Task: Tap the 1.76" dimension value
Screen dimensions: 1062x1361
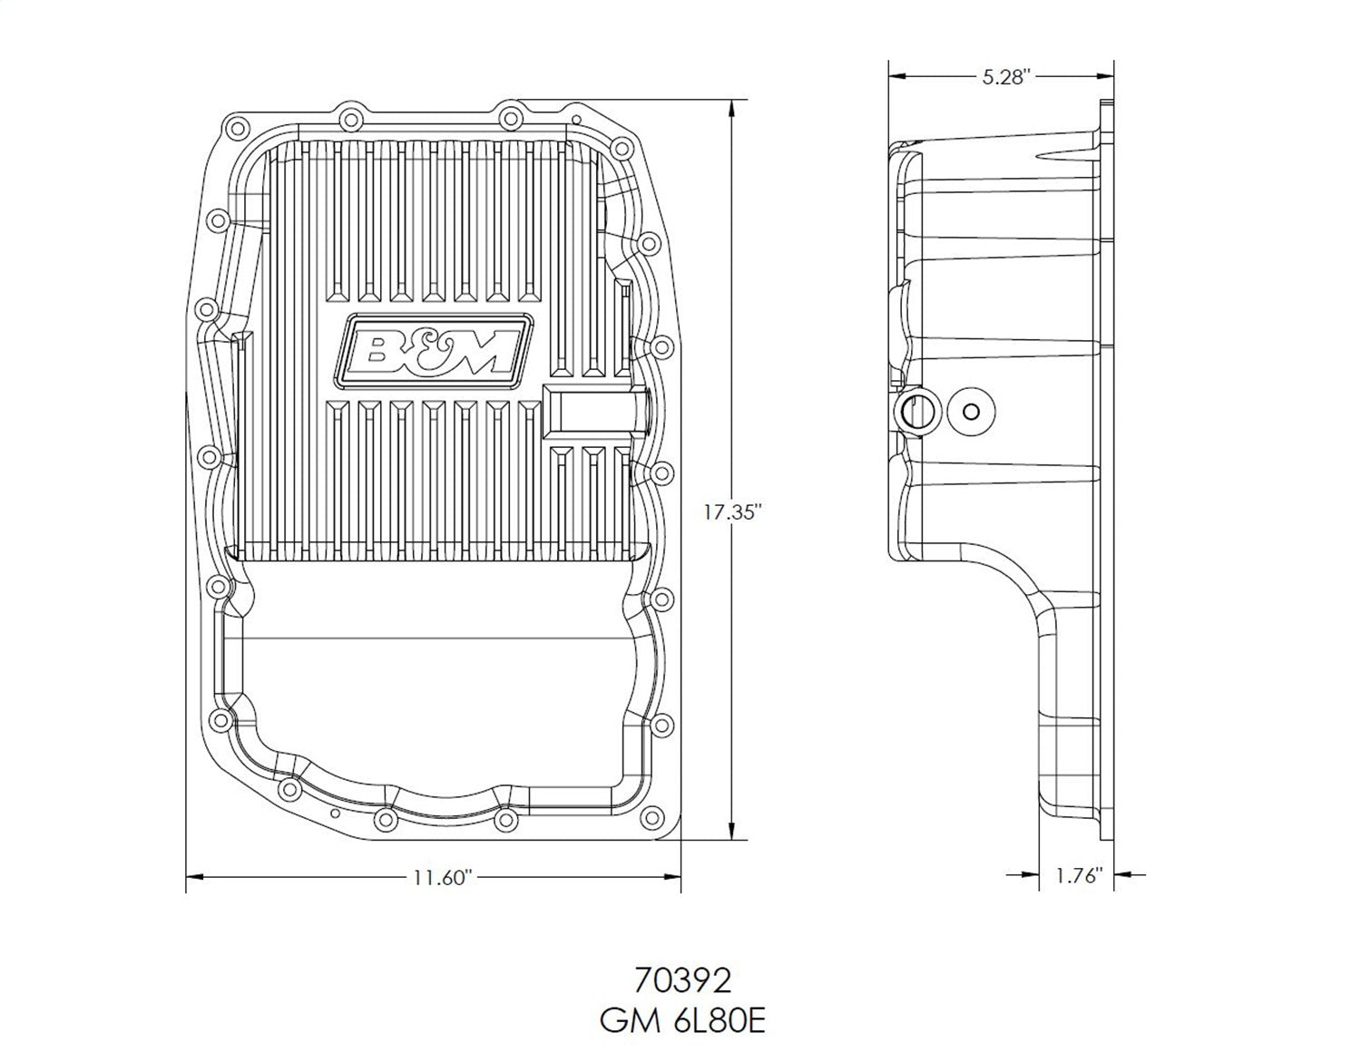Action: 1079,876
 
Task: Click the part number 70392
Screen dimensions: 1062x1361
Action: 682,981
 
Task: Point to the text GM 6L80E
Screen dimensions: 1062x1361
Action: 682,1022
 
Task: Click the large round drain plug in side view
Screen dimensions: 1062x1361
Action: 915,411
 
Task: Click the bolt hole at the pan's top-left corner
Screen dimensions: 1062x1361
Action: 238,127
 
